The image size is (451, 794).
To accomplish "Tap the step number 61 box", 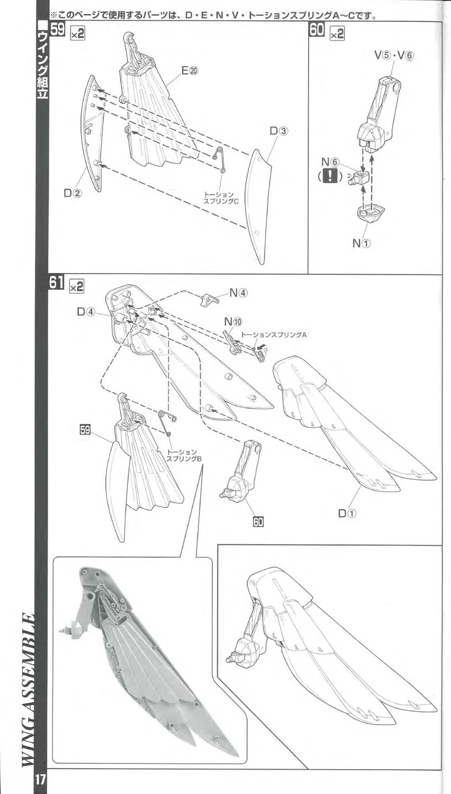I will point(57,284).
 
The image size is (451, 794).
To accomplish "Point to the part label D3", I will point(279,130).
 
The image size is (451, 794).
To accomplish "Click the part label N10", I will point(233,321).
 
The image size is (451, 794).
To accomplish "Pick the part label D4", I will point(86,312).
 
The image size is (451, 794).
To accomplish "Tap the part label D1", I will point(348,512).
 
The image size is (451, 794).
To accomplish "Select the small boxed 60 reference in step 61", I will point(258,521).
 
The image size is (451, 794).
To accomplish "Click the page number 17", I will point(41,779).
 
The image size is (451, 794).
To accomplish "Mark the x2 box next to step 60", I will point(337,33).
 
